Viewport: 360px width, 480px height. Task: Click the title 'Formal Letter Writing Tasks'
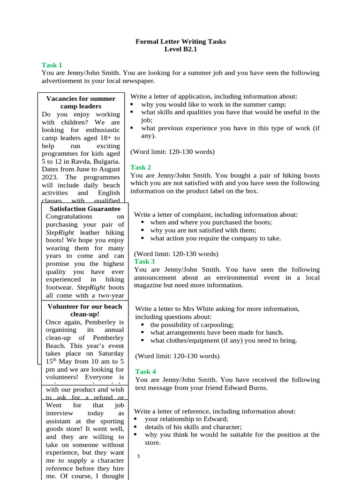click(180, 42)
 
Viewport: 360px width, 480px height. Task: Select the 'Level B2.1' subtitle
click(180, 49)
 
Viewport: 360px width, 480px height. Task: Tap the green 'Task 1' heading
click(52, 65)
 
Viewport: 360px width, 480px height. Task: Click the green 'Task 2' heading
click(141, 167)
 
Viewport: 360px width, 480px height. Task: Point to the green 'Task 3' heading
click(144, 262)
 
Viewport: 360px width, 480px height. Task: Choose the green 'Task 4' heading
click(146, 372)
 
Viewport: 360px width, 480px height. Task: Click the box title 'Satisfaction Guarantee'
click(85, 209)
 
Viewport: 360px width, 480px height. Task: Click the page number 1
click(139, 456)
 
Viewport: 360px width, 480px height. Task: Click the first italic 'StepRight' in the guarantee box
click(60, 232)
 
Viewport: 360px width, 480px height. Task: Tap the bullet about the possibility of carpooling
click(192, 325)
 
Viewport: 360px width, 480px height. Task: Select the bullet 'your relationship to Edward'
click(186, 419)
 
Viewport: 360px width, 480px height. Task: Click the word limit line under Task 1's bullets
click(172, 152)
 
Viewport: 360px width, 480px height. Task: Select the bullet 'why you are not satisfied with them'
click(203, 230)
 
